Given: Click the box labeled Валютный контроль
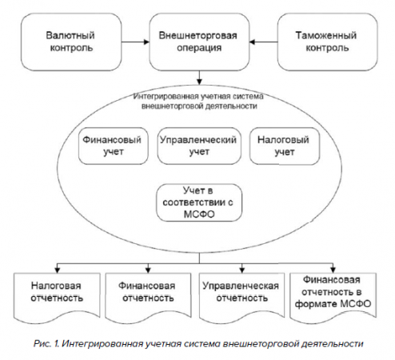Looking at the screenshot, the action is coord(71,42).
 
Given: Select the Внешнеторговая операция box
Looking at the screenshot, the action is coord(199,42).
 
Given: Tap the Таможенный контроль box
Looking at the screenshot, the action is coord(327,42).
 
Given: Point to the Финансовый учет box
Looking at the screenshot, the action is coord(114,146).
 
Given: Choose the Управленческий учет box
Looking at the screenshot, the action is coord(199,146).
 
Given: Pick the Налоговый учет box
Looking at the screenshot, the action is coord(285,146).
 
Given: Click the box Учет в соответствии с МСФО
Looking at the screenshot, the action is coord(199,202).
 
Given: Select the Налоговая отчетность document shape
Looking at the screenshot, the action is coord(57,298).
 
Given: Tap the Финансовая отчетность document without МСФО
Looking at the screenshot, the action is coord(148,298).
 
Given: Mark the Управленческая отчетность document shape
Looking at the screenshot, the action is coord(241,298).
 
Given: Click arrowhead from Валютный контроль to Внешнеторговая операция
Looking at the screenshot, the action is coord(146,42).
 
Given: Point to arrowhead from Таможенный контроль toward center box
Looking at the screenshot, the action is coord(253,42).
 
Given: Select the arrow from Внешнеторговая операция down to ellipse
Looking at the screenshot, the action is coord(199,78).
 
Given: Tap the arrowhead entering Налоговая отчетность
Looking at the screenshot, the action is coord(57,270).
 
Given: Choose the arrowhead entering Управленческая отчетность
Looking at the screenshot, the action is coord(241,270).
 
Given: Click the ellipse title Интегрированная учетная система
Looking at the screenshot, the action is coord(198,96).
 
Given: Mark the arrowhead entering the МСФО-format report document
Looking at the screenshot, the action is coord(333,270).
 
